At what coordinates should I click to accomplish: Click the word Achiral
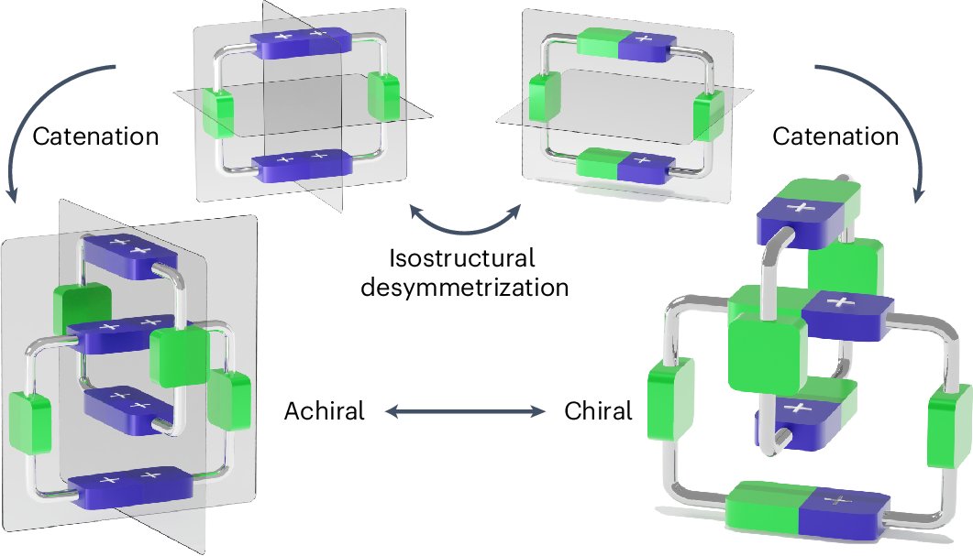[x=325, y=411]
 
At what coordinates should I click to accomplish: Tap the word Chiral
[x=598, y=411]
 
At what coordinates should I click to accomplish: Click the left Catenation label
[x=95, y=136]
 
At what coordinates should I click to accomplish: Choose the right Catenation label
[x=835, y=136]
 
